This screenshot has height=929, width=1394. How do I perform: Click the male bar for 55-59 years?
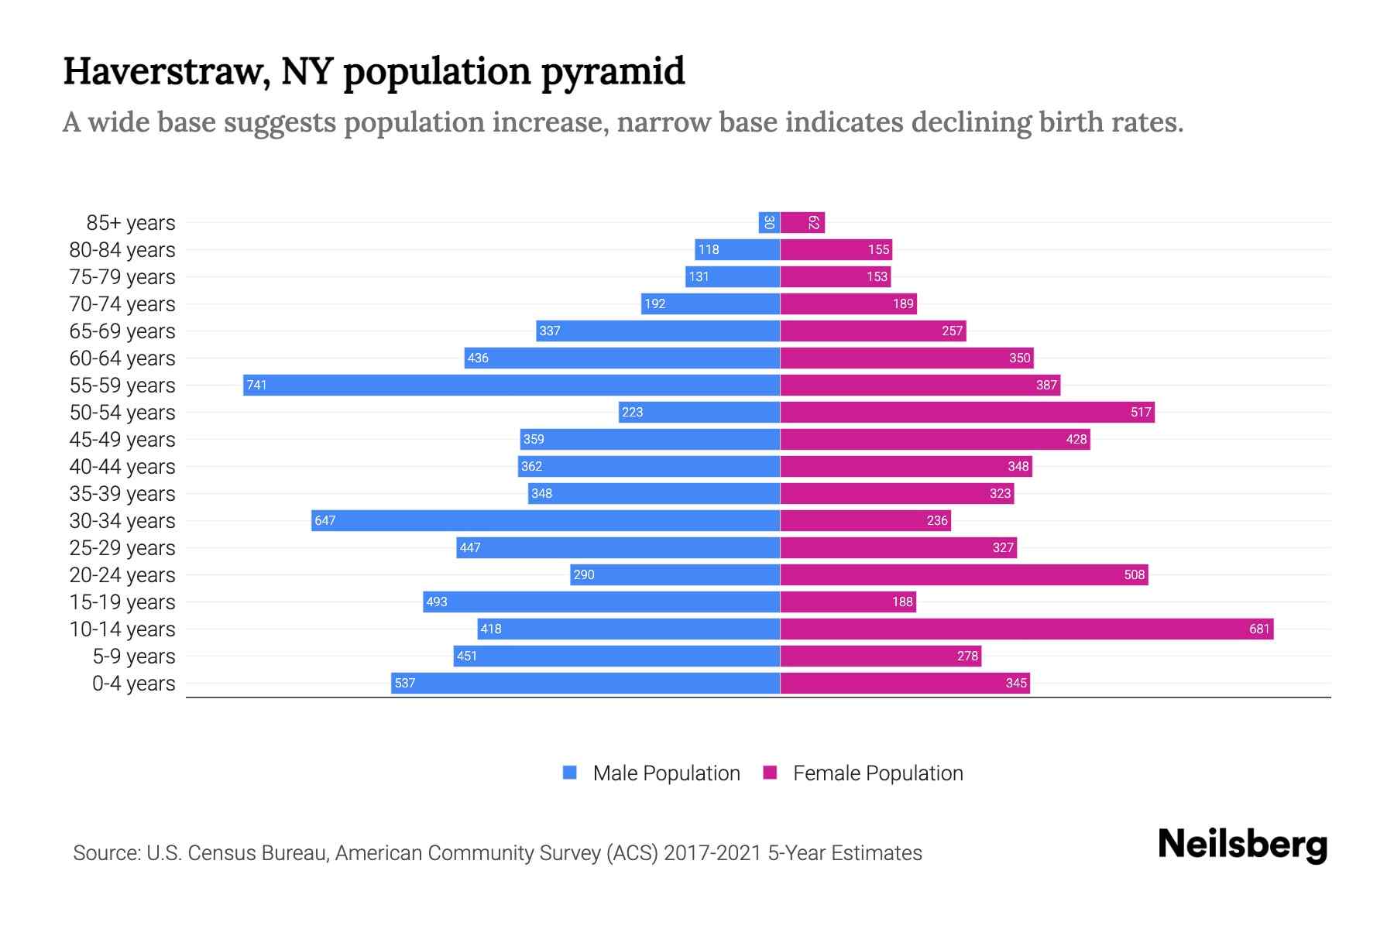511,385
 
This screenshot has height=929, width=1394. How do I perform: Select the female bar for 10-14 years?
1026,629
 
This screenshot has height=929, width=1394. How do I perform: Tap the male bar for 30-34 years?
546,520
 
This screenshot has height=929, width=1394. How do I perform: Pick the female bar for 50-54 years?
967,412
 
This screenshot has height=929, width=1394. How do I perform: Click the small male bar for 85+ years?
769,222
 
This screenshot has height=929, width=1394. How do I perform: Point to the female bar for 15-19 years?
848,602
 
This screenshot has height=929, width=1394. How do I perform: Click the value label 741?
256,385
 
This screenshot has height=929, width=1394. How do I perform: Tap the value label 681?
1259,629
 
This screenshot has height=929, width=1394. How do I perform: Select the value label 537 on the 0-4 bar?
405,683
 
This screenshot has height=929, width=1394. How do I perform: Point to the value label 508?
1134,574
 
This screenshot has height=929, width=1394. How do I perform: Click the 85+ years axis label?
131,223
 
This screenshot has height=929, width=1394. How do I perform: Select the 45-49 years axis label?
122,440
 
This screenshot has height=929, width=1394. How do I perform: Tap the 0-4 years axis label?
133,684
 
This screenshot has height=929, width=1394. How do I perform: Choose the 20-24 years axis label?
122,575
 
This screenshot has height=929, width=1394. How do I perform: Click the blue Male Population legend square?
570,773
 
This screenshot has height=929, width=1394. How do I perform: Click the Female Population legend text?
877,773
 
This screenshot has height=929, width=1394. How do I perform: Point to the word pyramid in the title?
613,72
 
